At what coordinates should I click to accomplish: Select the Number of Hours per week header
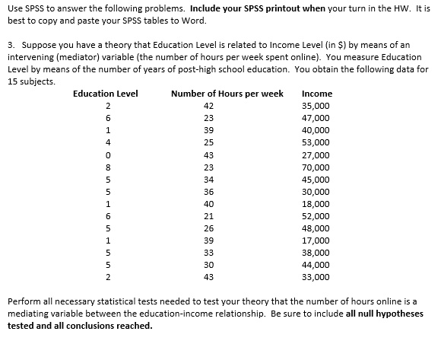pyautogui.click(x=227, y=94)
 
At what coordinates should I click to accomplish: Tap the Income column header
pyautogui.click(x=316, y=94)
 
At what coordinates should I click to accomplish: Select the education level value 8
pyautogui.click(x=108, y=167)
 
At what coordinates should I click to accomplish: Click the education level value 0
pyautogui.click(x=108, y=155)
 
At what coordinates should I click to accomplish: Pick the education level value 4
pyautogui.click(x=108, y=142)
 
